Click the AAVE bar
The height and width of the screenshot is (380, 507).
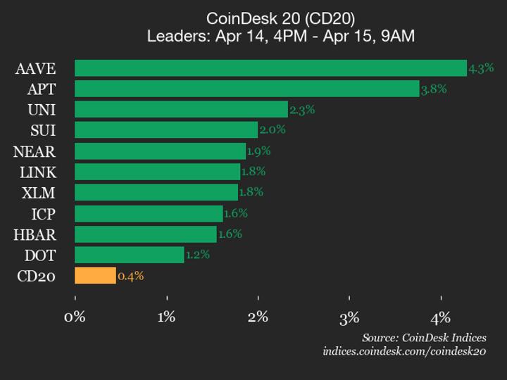270,68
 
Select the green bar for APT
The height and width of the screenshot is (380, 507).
246,89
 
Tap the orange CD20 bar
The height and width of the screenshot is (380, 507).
95,276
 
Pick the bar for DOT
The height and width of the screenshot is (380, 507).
129,255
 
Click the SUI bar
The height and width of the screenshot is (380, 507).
166,130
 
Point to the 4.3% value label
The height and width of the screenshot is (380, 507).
481,68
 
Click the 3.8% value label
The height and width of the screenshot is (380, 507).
434,89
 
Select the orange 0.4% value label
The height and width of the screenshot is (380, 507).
131,276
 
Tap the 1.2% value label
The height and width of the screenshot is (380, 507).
197,255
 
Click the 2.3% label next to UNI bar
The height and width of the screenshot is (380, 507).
301,110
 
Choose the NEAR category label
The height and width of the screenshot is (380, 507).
35,151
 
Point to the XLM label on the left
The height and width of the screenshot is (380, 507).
38,193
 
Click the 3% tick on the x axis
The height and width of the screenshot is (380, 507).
349,317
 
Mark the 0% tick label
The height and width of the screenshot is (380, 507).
75,317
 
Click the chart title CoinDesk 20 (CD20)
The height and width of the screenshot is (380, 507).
281,18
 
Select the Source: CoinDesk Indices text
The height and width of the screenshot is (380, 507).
424,338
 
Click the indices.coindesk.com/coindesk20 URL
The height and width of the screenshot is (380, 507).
404,351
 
